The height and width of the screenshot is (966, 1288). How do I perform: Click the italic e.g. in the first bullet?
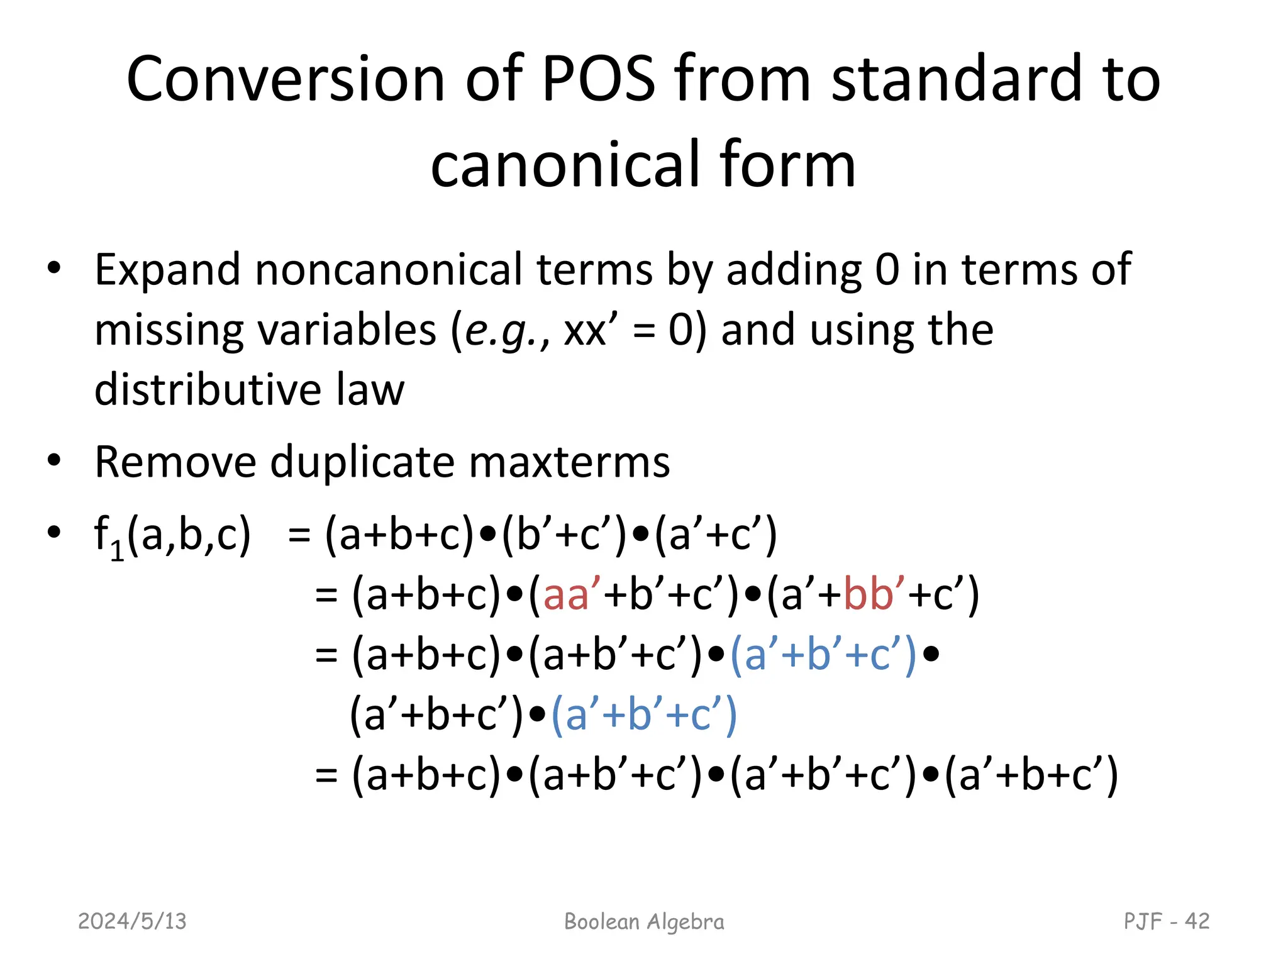(x=501, y=331)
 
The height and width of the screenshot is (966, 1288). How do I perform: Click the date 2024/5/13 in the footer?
(x=132, y=921)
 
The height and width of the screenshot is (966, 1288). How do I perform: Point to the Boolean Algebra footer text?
(x=644, y=921)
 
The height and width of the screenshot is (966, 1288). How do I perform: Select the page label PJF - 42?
(x=1167, y=921)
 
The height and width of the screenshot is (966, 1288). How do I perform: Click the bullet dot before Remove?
(x=54, y=460)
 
